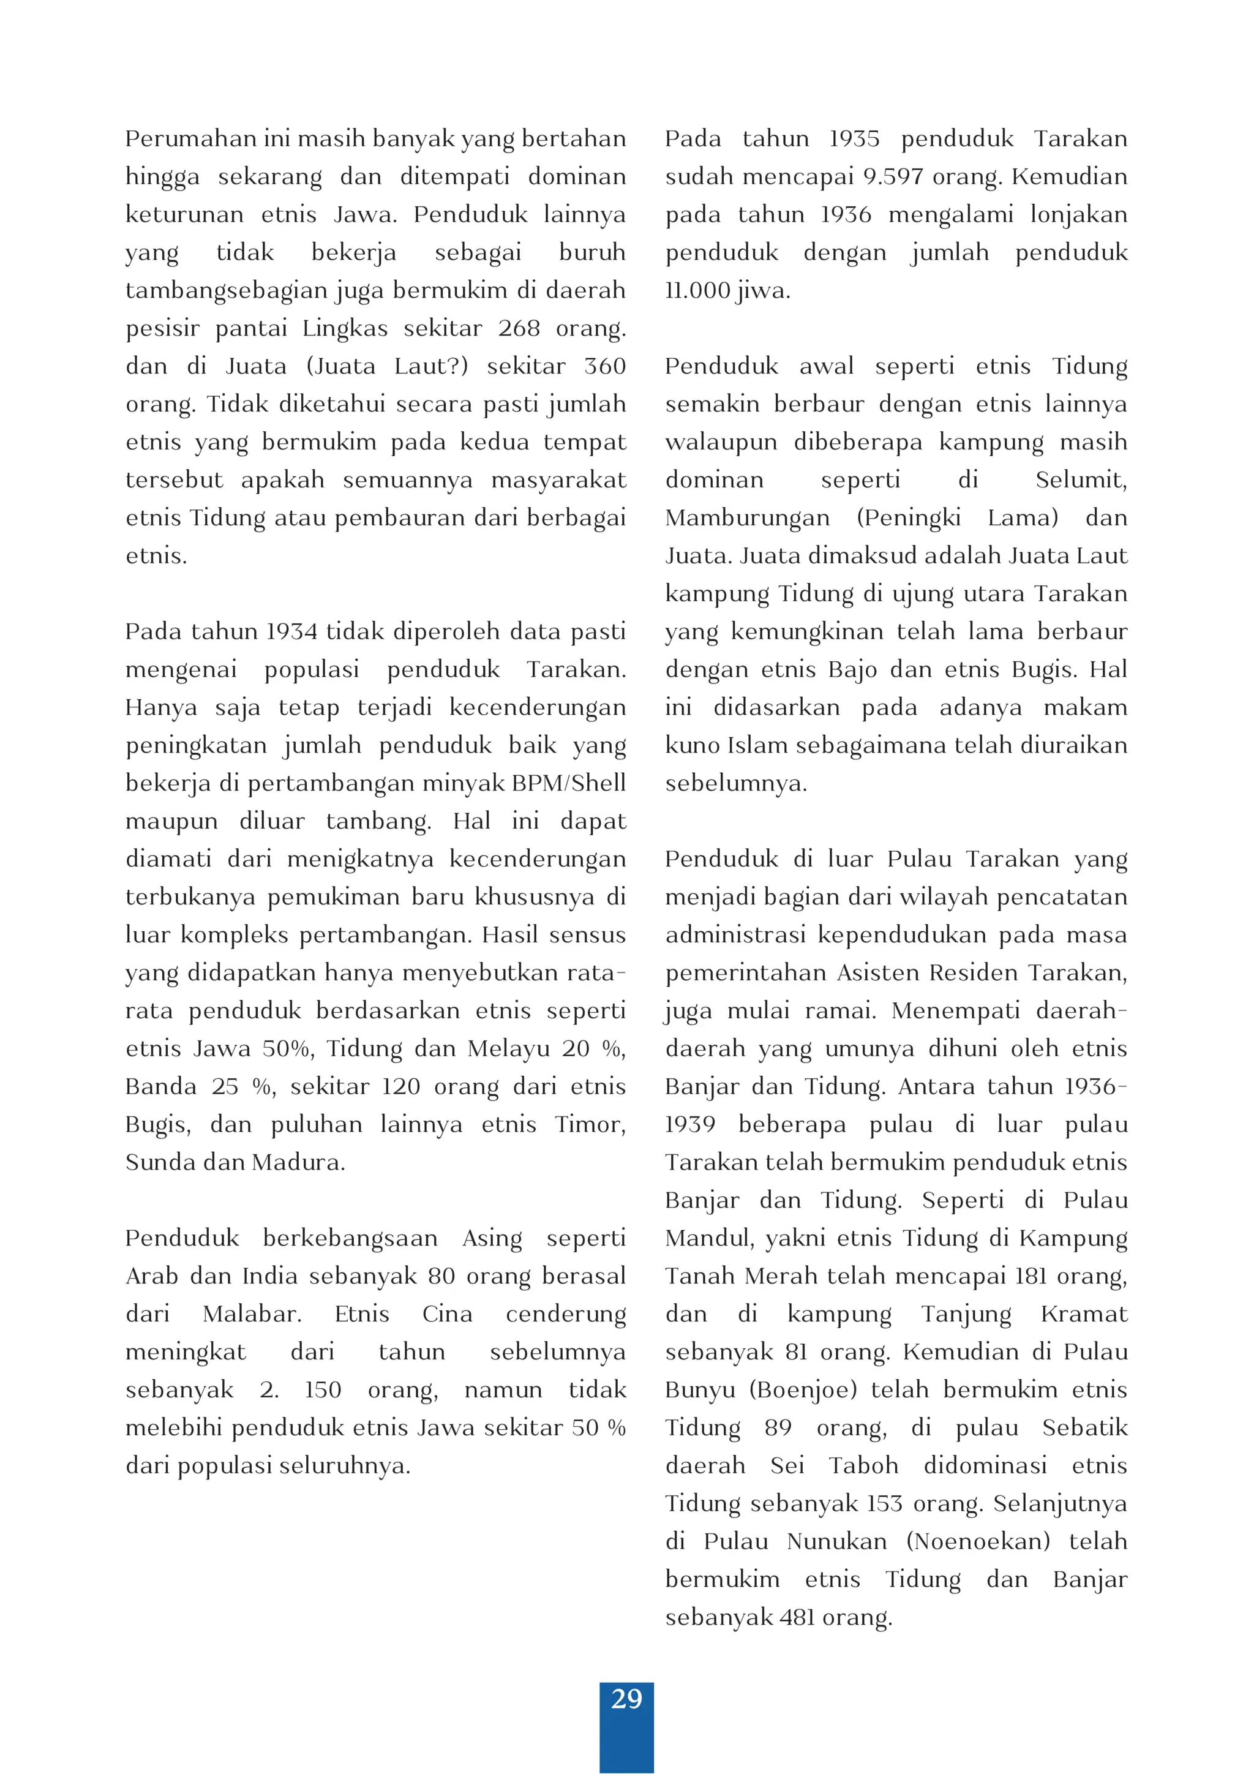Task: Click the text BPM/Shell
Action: pos(568,783)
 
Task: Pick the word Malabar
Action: pos(251,1314)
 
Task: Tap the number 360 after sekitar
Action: pos(604,366)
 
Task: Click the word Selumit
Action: pos(1080,480)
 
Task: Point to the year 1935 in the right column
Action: pos(854,139)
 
